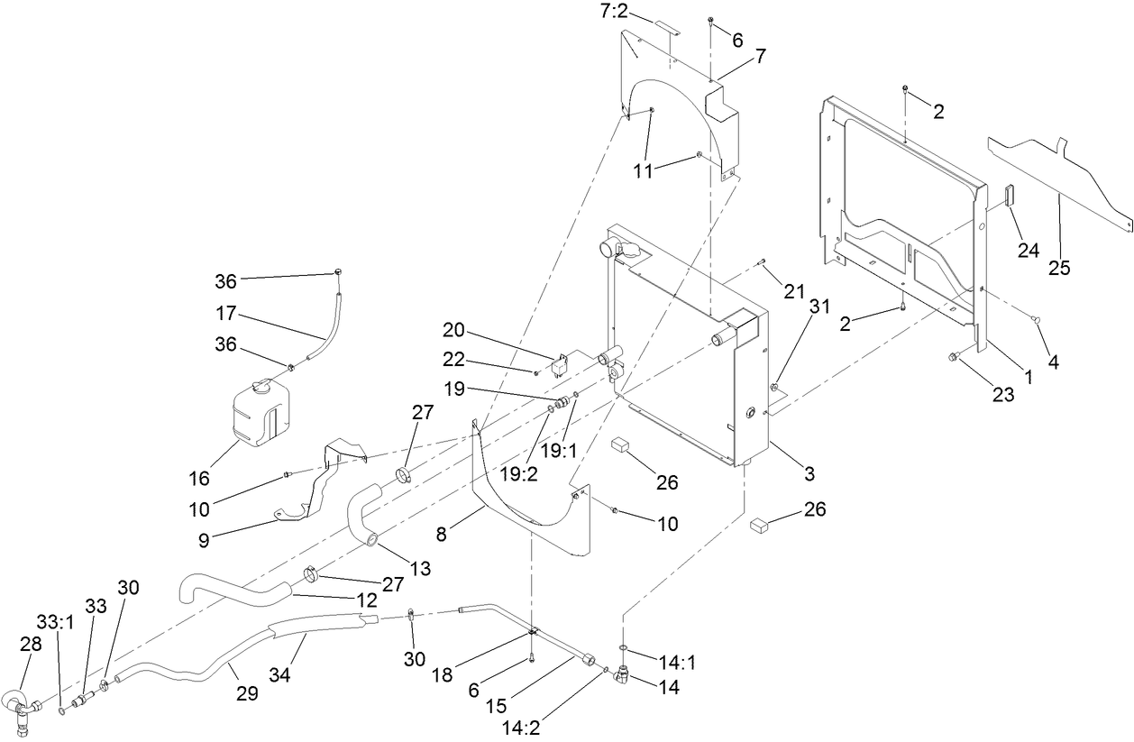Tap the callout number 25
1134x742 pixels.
(x=1058, y=269)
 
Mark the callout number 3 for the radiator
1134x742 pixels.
(x=809, y=473)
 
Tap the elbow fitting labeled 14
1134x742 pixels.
(x=625, y=673)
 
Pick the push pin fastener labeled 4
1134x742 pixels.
(x=1035, y=320)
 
